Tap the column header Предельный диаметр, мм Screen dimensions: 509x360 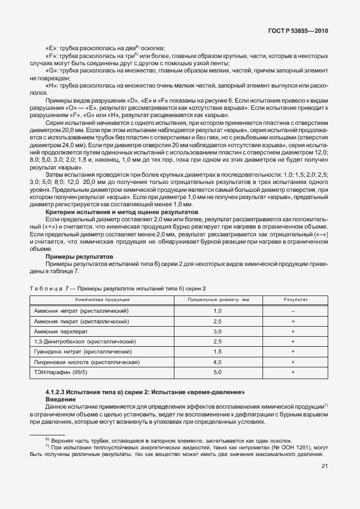click(217, 299)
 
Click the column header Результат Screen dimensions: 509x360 click(293, 299)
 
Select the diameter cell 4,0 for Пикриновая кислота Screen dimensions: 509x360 click(217, 362)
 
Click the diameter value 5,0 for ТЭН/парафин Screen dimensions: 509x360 click(217, 372)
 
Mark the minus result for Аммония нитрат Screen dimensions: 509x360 click(293, 311)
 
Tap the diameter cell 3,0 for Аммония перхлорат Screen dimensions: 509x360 click(217, 331)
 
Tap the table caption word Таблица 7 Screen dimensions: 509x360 click(47, 288)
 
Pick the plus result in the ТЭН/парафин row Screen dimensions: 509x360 click(293, 372)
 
